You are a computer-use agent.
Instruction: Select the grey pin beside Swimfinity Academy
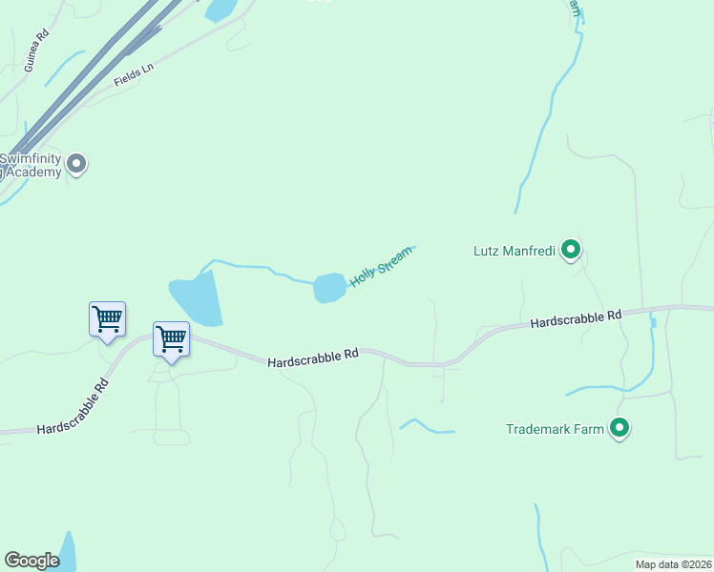click(78, 164)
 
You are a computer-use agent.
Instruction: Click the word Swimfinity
click(31, 158)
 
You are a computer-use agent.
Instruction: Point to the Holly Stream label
click(381, 266)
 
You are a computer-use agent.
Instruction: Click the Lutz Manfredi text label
click(514, 252)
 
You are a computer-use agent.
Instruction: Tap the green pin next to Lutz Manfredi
click(571, 250)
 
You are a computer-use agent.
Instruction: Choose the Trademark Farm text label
click(555, 429)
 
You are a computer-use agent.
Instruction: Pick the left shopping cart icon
click(107, 319)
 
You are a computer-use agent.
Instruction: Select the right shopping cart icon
click(171, 339)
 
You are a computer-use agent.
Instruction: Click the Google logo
click(31, 561)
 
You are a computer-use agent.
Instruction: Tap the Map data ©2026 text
click(673, 563)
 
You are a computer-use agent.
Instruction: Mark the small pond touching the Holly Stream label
click(329, 287)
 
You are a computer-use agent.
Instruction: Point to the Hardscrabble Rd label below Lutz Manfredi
click(576, 318)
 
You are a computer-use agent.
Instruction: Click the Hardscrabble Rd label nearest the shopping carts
click(312, 357)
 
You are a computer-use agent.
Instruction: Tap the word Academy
click(36, 172)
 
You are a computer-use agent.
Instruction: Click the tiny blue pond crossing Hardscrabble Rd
click(653, 322)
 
